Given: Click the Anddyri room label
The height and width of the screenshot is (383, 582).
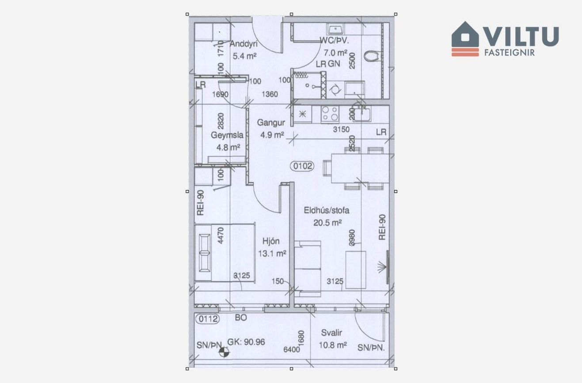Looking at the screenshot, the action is [x=243, y=44].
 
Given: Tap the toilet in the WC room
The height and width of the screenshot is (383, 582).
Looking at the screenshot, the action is [x=372, y=56].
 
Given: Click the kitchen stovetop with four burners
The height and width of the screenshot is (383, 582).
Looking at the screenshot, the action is [x=330, y=114].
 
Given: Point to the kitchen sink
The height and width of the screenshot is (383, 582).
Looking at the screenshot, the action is [x=362, y=114].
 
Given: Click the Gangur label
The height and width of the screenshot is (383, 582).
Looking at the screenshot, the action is [x=271, y=122].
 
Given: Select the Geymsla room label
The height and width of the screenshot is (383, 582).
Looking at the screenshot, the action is [x=227, y=135].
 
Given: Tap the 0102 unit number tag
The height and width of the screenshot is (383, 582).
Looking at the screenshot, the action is [x=302, y=166].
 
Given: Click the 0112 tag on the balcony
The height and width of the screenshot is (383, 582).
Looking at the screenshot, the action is [x=208, y=319].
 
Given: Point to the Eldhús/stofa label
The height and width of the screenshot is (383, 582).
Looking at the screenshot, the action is [x=327, y=210].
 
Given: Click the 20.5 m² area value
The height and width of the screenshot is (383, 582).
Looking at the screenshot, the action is [x=327, y=223].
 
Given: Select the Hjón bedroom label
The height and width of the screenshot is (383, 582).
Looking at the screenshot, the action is [x=271, y=241].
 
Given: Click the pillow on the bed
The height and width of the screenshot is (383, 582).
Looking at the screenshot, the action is [x=205, y=253].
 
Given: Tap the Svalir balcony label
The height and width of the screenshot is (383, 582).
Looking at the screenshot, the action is [x=331, y=333].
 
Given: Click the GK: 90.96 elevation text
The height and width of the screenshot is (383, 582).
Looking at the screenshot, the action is [x=246, y=342].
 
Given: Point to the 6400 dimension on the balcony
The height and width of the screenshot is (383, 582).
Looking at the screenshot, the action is [x=292, y=349].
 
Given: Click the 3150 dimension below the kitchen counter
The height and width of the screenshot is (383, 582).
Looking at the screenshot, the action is [x=341, y=129].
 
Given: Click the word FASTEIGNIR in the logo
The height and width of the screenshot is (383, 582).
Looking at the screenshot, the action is [x=510, y=53].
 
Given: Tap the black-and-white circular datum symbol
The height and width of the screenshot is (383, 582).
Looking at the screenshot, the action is [x=224, y=353].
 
